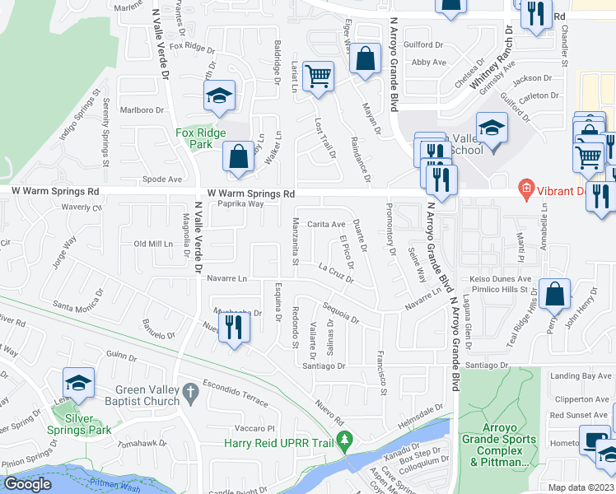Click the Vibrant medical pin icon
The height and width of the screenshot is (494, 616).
[x=525, y=189]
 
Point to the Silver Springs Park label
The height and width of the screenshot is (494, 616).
[x=88, y=424]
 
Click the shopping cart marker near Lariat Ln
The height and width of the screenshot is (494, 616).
[x=318, y=76]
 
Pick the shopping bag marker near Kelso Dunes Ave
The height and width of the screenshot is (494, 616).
[x=556, y=293]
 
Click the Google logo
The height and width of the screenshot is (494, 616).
[x=27, y=484]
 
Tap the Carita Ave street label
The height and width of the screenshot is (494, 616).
[x=326, y=224]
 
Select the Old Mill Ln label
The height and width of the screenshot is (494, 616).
[x=154, y=244]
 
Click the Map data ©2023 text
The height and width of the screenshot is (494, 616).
[x=581, y=487]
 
